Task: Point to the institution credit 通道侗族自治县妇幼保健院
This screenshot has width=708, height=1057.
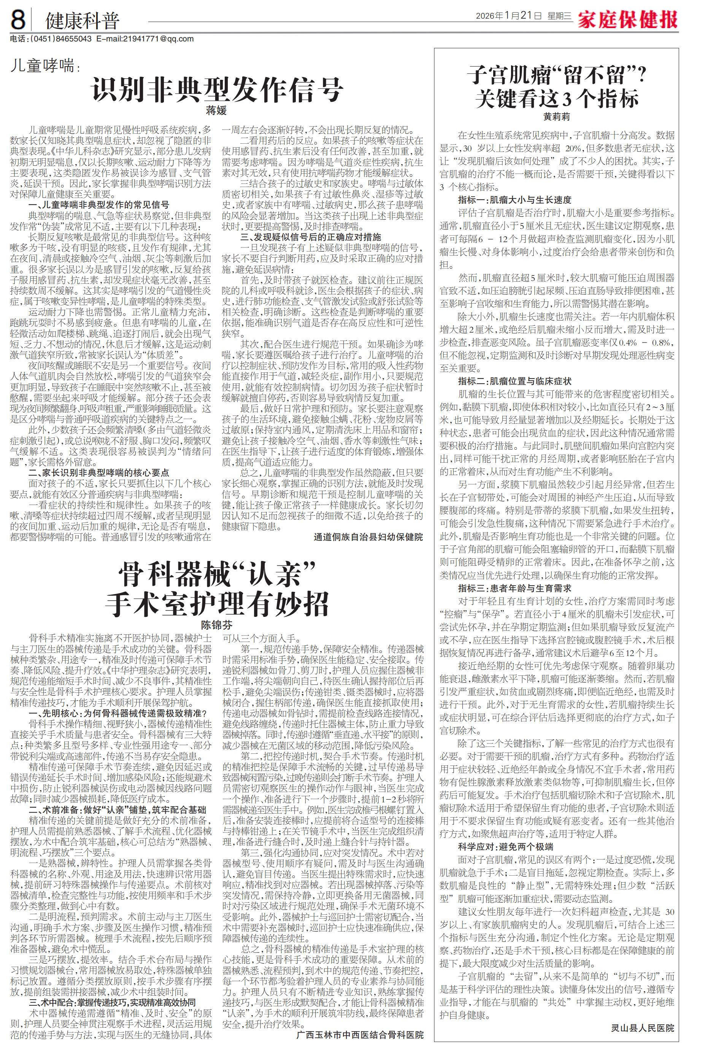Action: [368, 537]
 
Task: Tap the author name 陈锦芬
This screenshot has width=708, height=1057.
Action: [216, 626]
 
